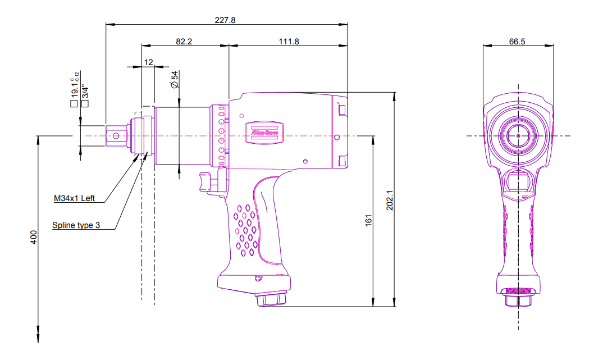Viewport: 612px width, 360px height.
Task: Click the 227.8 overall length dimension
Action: (x=225, y=20)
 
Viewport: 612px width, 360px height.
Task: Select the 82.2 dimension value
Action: (x=185, y=42)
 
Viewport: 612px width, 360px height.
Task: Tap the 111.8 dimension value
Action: (x=289, y=42)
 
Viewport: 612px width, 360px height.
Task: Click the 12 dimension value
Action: (x=148, y=62)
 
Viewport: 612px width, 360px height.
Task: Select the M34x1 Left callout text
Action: (x=75, y=198)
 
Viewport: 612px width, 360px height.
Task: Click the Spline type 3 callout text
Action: (x=76, y=225)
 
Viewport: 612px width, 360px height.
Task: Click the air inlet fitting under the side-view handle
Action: (x=272, y=299)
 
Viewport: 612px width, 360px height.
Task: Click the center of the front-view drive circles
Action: (x=518, y=135)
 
